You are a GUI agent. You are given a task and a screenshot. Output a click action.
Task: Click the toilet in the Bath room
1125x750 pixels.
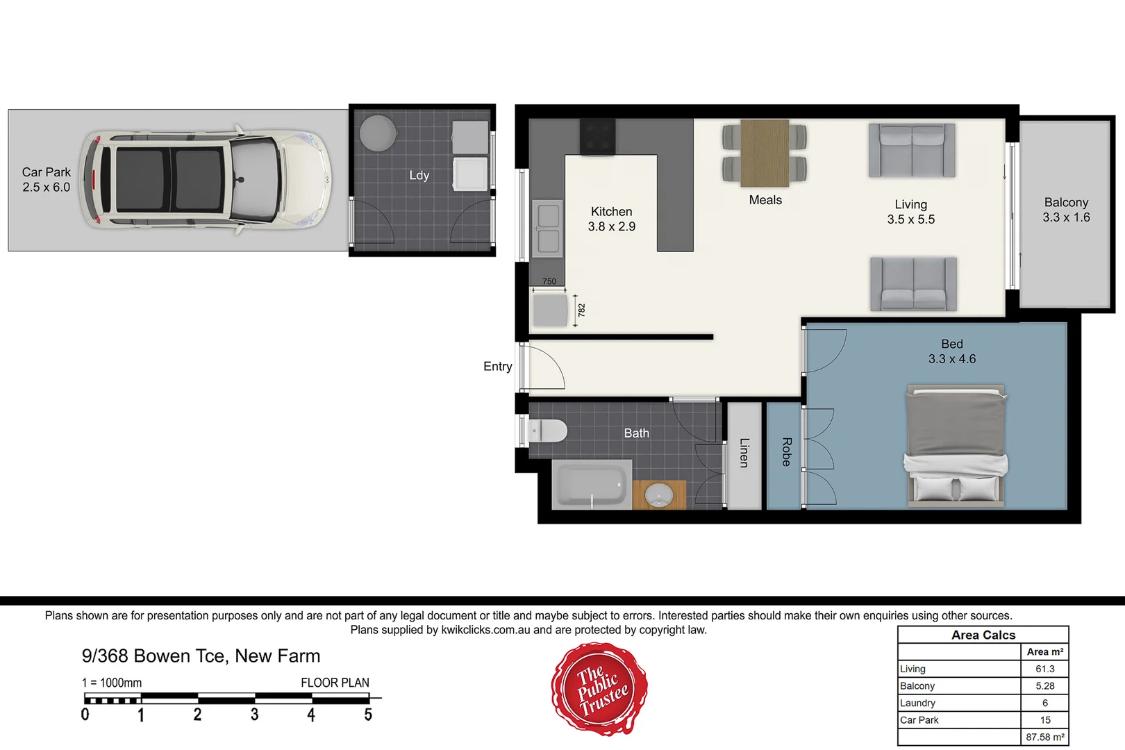click(547, 431)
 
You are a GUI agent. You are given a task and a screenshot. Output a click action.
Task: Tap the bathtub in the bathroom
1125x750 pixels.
click(592, 485)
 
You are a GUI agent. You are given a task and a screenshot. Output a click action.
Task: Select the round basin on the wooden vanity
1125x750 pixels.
click(658, 496)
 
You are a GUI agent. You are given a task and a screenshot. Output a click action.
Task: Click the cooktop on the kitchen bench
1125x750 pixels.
click(597, 136)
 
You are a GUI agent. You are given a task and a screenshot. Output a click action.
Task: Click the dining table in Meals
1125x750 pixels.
click(765, 153)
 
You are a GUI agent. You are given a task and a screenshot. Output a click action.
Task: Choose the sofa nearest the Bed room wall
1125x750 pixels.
click(913, 284)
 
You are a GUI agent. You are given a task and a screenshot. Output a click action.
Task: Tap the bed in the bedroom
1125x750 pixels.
click(956, 444)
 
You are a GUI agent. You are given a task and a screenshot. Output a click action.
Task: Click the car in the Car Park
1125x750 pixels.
click(205, 180)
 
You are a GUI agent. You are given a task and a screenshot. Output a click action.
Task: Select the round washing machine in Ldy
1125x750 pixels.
click(378, 133)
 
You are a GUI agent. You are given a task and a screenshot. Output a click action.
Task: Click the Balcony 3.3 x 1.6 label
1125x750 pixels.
click(1066, 210)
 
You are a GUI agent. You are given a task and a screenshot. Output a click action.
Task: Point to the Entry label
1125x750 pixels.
click(497, 366)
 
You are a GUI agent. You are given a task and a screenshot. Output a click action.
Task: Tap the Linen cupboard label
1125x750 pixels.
click(744, 453)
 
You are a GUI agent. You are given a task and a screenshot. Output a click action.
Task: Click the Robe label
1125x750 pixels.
click(786, 451)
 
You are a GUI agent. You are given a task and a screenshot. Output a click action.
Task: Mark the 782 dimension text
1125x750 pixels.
click(582, 310)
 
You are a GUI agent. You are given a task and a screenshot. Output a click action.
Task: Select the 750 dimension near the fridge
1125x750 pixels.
click(549, 281)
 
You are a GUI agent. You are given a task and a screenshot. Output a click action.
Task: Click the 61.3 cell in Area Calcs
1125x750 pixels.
click(1044, 669)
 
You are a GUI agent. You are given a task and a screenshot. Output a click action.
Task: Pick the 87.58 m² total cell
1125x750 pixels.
click(1044, 737)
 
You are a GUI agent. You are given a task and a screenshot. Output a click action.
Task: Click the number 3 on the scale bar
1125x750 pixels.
click(254, 715)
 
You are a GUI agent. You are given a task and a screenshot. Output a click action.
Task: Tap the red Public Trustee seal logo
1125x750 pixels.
click(600, 688)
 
